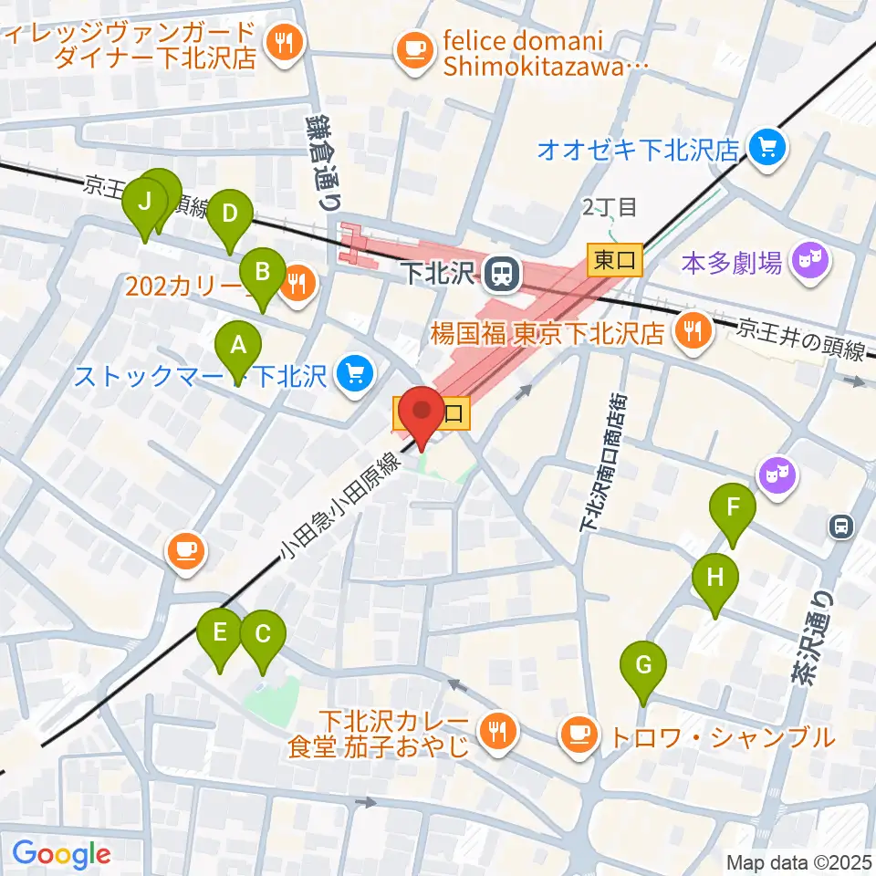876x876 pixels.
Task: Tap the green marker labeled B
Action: pyautogui.click(x=262, y=274)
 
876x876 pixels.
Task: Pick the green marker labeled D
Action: pyautogui.click(x=229, y=216)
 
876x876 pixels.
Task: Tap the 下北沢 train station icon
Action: pyautogui.click(x=499, y=271)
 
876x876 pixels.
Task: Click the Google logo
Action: pyautogui.click(x=61, y=854)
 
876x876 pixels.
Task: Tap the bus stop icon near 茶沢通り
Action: pyautogui.click(x=841, y=526)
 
